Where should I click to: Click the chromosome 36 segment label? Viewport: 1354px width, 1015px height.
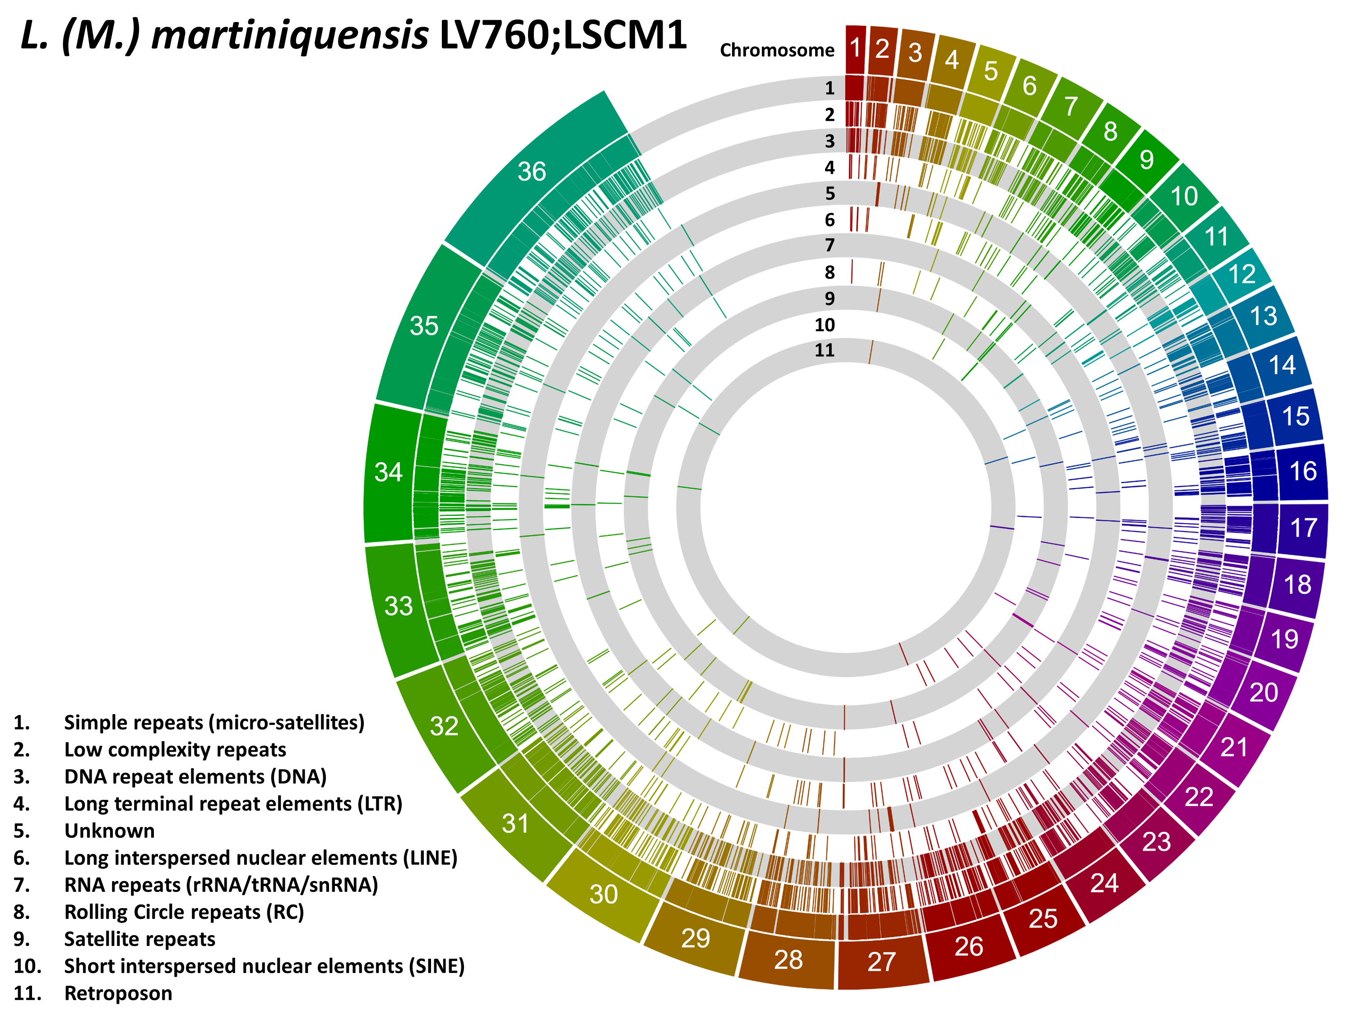[531, 172]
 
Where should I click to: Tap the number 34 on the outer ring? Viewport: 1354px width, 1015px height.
[389, 472]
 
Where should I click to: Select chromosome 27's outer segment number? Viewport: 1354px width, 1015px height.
[881, 962]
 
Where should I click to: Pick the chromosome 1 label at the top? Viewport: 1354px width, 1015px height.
[856, 48]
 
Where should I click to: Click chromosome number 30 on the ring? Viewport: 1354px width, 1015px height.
[603, 895]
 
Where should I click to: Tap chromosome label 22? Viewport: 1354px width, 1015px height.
[1199, 797]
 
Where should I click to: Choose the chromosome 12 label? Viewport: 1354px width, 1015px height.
[1242, 274]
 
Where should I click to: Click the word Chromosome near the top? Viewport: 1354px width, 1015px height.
[777, 50]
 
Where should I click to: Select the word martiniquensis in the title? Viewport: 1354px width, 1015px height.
[290, 36]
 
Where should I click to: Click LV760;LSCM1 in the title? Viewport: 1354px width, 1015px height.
[563, 36]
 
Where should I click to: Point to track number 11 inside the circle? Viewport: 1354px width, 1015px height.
[825, 351]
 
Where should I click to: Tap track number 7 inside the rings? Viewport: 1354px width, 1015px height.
[830, 245]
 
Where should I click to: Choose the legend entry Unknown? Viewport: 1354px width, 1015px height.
[110, 831]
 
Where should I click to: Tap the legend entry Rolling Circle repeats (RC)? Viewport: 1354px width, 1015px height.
[184, 912]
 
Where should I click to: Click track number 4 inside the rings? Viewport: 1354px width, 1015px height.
[830, 168]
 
